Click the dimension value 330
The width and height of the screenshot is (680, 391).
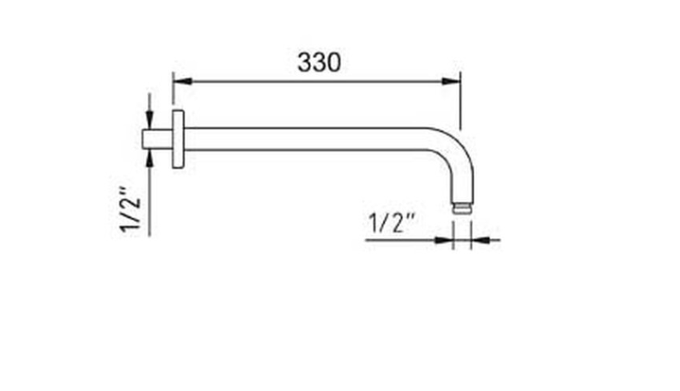pyautogui.click(x=319, y=62)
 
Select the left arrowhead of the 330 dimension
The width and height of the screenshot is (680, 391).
pyautogui.click(x=182, y=82)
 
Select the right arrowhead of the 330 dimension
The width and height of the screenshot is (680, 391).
pyautogui.click(x=451, y=82)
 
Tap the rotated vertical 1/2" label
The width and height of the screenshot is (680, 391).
pyautogui.click(x=131, y=210)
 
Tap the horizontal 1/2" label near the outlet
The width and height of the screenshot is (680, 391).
pyautogui.click(x=392, y=223)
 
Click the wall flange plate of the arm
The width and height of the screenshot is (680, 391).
pyautogui.click(x=178, y=139)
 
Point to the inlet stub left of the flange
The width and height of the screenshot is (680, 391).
pyautogui.click(x=158, y=139)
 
